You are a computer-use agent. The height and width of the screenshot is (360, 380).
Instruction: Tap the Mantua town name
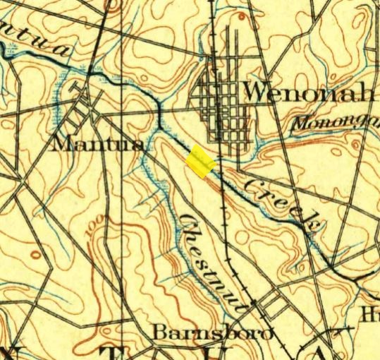(99, 144)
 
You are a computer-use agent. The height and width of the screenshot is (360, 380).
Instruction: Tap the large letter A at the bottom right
(321, 353)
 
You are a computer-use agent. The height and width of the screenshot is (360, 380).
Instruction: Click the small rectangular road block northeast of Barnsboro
(270, 305)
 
